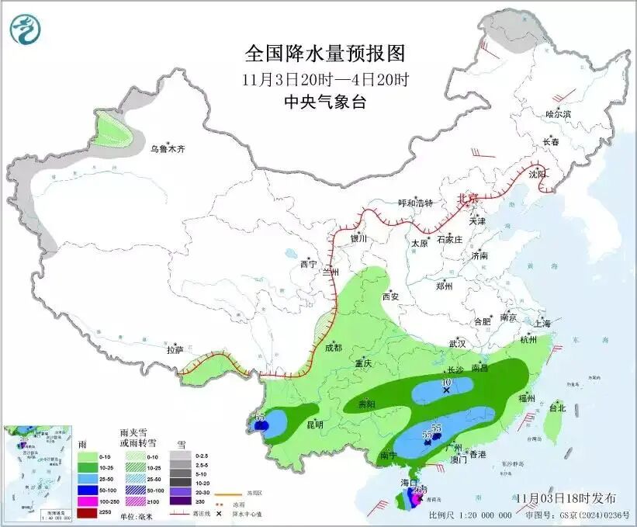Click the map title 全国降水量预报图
click(325, 54)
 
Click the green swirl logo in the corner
click(25, 29)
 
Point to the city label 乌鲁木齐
click(168, 148)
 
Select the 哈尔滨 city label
click(558, 113)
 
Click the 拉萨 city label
click(175, 350)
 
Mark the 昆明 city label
click(314, 425)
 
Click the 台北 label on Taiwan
click(557, 407)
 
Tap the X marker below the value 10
click(446, 391)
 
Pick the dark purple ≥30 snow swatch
click(179, 502)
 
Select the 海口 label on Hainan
click(410, 483)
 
